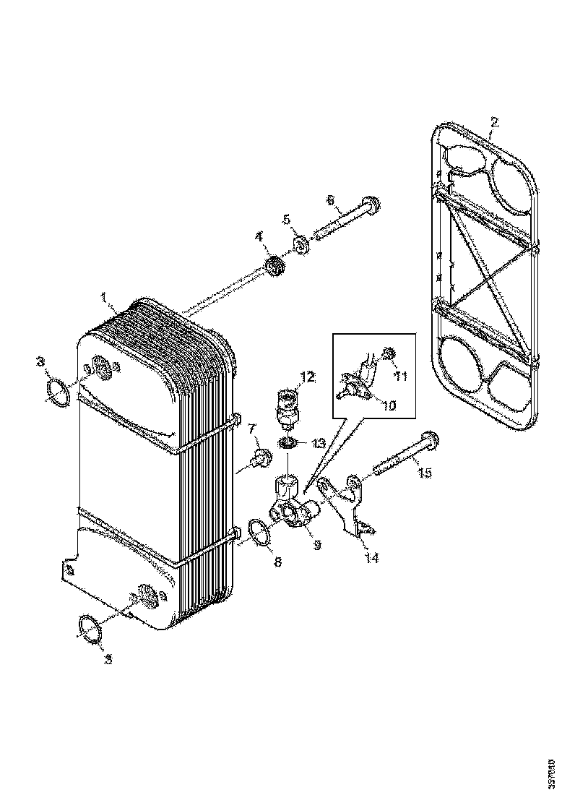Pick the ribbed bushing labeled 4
274,267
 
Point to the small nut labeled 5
303,245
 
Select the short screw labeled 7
260,457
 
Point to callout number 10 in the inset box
389,405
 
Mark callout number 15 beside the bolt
425,473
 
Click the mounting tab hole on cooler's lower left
70,570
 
